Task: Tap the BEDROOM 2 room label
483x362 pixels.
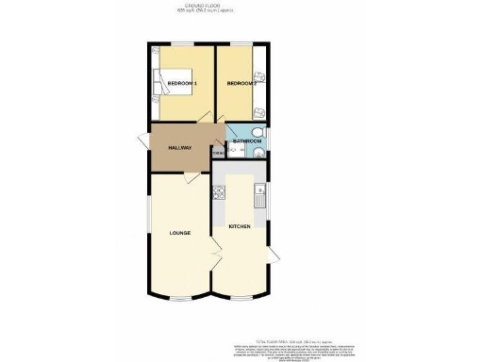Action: (x=241, y=85)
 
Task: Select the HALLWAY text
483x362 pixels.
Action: (x=180, y=148)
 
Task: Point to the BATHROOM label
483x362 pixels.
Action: (x=247, y=141)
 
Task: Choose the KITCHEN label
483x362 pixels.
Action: (x=240, y=232)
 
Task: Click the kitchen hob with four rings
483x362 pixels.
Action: (x=219, y=196)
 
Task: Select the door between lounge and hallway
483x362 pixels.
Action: (x=193, y=177)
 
